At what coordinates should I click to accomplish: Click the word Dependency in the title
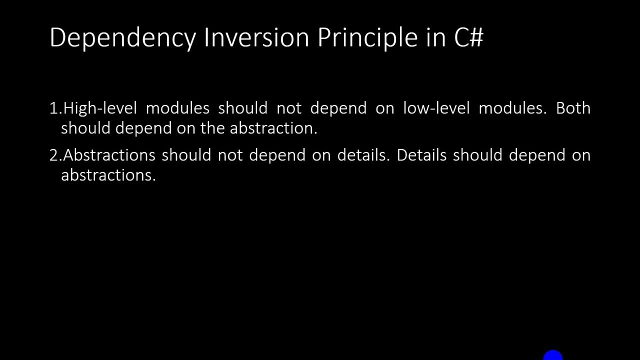(x=122, y=38)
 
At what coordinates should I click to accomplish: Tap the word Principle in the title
(x=367, y=38)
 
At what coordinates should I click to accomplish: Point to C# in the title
(x=469, y=37)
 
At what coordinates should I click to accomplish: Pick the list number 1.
(x=54, y=108)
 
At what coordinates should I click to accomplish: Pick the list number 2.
(x=54, y=155)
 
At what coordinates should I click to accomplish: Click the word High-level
(x=100, y=108)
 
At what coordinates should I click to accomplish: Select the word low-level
(x=436, y=108)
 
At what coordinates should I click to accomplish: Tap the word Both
(x=573, y=108)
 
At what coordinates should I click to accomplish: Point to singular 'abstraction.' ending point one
(x=273, y=128)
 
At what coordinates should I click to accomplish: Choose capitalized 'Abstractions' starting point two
(x=109, y=155)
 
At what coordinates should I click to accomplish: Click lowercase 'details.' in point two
(x=363, y=155)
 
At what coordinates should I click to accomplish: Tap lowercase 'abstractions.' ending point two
(x=108, y=175)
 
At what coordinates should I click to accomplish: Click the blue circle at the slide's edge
(x=553, y=355)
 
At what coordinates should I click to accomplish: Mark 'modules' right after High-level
(x=177, y=108)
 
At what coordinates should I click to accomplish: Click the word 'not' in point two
(x=229, y=155)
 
